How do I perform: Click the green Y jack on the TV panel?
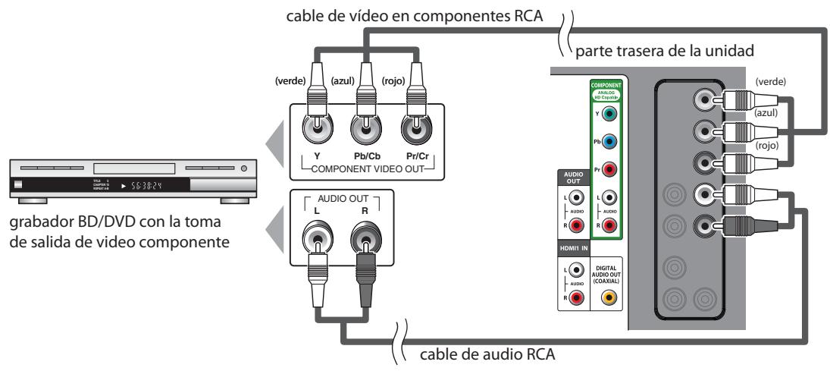(612, 114)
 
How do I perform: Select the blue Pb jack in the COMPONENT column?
(612, 142)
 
